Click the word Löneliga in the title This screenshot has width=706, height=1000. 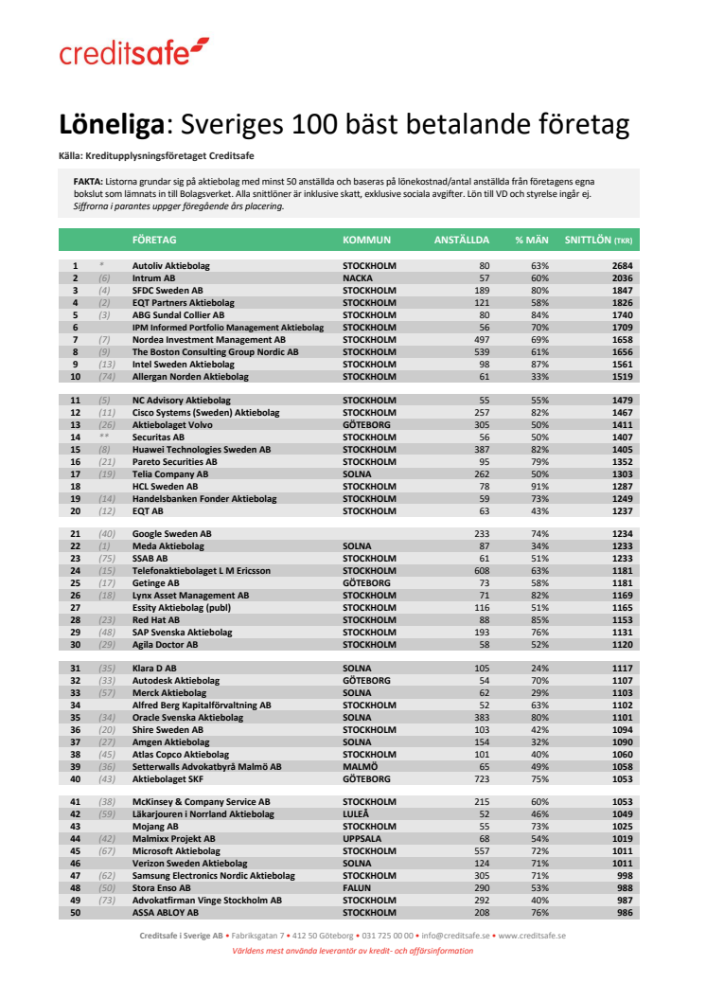click(112, 125)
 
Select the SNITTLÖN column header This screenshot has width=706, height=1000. click(598, 241)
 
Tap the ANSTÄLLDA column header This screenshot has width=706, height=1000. click(461, 241)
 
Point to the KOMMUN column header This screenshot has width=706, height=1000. click(366, 241)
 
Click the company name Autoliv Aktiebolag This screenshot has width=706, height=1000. click(170, 266)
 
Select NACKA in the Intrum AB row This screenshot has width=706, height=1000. click(357, 278)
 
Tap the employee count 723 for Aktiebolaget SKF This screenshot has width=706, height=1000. click(482, 778)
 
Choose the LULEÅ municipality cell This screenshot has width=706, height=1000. click(356, 813)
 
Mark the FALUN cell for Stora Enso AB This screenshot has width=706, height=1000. click(357, 887)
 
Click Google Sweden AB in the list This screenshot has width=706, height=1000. click(171, 534)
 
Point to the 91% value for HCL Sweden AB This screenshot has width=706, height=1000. click(539, 486)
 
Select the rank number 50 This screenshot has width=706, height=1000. click(74, 912)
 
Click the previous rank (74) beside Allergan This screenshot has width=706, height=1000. click(106, 376)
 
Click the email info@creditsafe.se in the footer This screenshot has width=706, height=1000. click(455, 935)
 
